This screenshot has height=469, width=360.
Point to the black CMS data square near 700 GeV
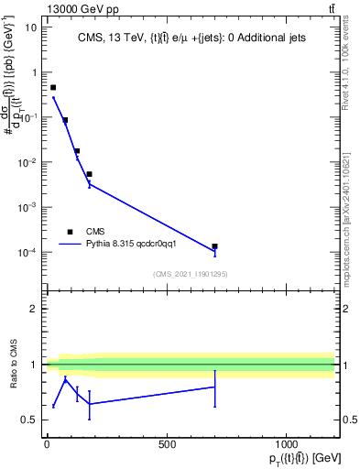pyautogui.click(x=214, y=246)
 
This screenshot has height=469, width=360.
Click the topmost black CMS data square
pyautogui.click(x=53, y=88)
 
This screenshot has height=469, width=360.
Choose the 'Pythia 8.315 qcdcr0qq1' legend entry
pyautogui.click(x=122, y=245)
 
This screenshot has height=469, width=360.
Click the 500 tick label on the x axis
pyautogui.click(x=167, y=445)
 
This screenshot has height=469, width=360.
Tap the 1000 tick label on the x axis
pyautogui.click(x=287, y=445)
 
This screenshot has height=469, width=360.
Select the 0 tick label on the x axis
pyautogui.click(x=47, y=445)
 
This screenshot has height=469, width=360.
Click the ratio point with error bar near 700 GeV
pyautogui.click(x=214, y=387)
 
